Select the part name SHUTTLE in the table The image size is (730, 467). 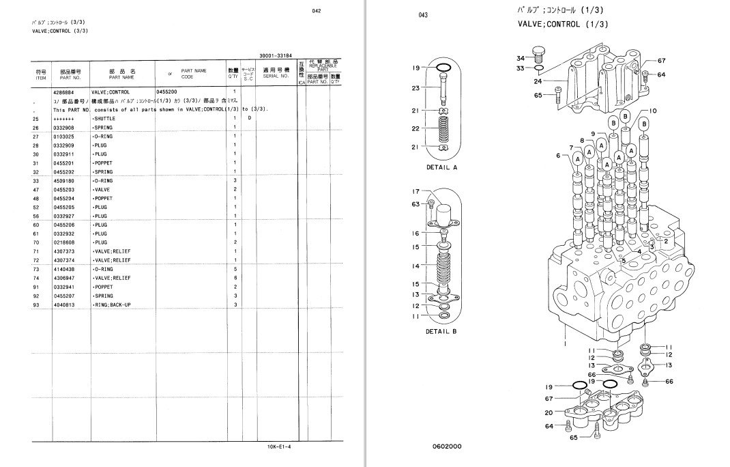(104, 118)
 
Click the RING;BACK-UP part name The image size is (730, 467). (113, 305)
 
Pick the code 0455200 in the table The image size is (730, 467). (166, 91)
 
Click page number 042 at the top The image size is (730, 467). (316, 11)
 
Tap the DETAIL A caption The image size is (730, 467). (442, 167)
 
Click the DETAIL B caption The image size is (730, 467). (442, 331)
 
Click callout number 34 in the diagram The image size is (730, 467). (520, 58)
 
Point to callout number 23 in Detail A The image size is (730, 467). (415, 87)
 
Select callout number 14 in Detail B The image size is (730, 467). (415, 266)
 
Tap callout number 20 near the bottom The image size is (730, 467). (549, 412)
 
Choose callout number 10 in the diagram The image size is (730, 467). (653, 111)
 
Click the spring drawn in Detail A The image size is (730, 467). (443, 129)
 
